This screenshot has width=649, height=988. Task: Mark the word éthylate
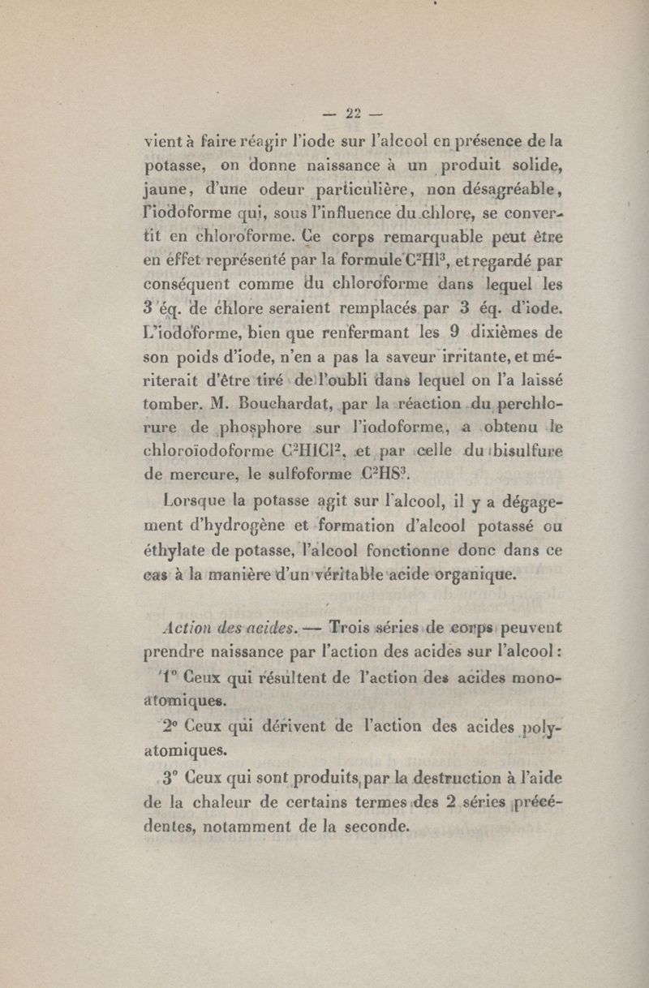171,555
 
